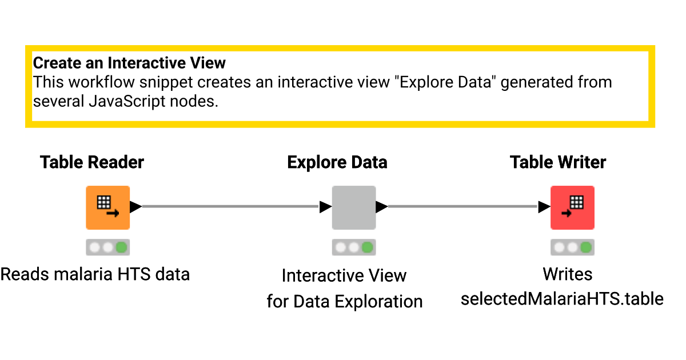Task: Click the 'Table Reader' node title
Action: [x=92, y=162]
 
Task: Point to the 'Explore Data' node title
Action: [x=337, y=162]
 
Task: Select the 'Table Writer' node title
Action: [x=558, y=162]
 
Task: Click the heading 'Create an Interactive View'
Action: [x=129, y=63]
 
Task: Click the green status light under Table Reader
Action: [x=121, y=247]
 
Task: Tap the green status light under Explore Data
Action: [x=368, y=247]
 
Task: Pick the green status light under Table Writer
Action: [x=586, y=247]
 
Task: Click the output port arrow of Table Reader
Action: [x=135, y=207]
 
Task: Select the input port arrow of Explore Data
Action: [x=325, y=207]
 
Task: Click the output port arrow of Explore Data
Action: [x=382, y=207]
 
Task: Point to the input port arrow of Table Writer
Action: [x=544, y=207]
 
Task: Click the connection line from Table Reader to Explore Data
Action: [x=229, y=207]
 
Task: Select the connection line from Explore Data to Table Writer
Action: [x=463, y=207]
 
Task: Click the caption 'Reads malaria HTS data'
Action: [x=95, y=274]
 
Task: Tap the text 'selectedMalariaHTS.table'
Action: [x=562, y=298]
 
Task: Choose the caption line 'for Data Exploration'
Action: [x=344, y=301]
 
